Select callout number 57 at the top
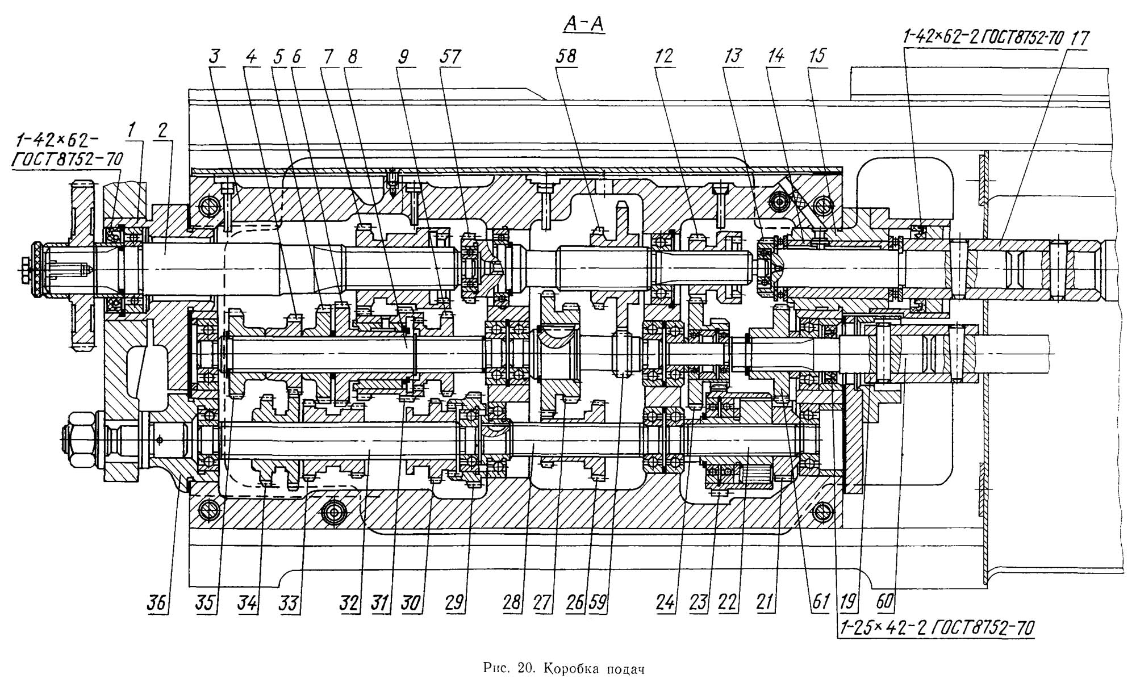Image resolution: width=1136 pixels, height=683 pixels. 450,57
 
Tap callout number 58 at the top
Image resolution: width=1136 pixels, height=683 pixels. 566,56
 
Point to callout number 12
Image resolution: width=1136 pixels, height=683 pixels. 663,56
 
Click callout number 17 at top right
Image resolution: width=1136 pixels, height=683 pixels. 1079,39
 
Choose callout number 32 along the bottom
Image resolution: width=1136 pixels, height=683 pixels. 349,602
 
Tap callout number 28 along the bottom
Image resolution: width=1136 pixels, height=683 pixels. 512,602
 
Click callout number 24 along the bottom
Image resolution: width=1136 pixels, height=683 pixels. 665,602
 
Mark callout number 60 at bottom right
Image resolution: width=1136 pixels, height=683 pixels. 884,601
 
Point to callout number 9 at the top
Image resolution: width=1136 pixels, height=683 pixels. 403,57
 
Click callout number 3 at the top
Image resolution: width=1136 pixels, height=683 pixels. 215,57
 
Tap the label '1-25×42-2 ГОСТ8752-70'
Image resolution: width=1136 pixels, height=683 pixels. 935,628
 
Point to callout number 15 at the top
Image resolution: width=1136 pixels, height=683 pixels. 818,56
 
